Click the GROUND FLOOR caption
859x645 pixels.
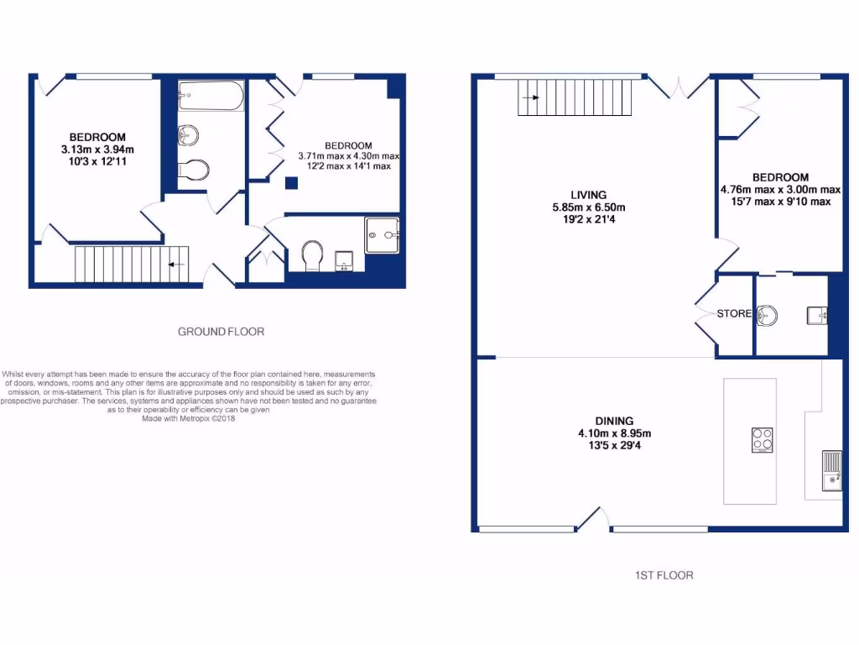click(x=221, y=332)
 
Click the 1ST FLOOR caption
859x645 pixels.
click(x=664, y=575)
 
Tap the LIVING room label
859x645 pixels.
click(x=587, y=195)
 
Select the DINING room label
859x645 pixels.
click(x=615, y=421)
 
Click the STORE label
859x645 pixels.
click(x=734, y=313)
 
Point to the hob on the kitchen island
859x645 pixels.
click(x=762, y=440)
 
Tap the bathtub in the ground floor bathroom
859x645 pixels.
click(x=211, y=97)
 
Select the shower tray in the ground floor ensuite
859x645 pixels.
click(x=383, y=235)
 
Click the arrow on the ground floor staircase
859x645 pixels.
click(x=176, y=265)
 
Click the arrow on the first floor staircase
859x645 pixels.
click(x=530, y=97)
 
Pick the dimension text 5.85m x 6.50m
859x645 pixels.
click(x=588, y=207)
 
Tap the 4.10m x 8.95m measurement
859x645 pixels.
click(x=615, y=433)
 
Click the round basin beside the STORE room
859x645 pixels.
click(x=768, y=316)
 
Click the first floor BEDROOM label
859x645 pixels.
click(x=780, y=177)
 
